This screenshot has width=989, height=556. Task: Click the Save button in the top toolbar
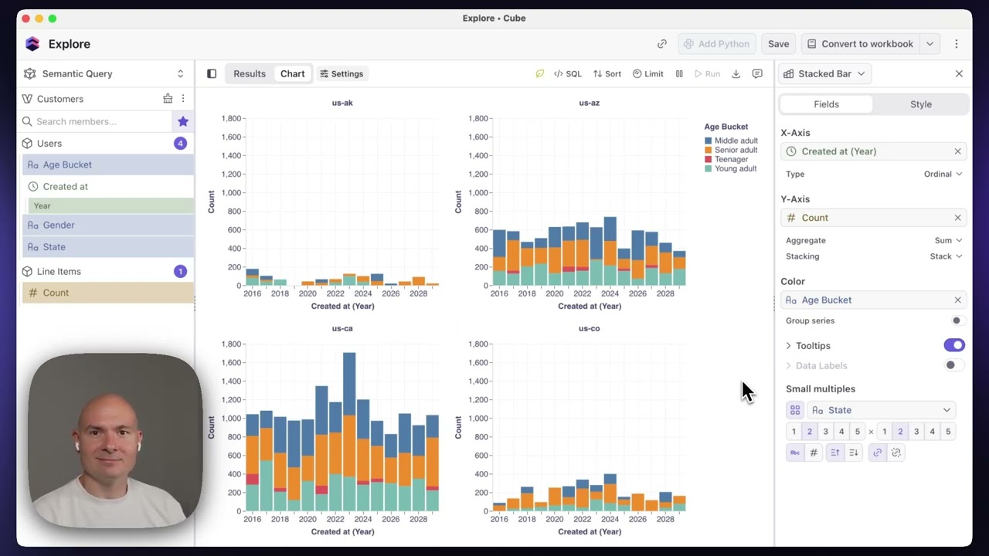point(778,44)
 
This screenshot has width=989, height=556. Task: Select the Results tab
point(250,73)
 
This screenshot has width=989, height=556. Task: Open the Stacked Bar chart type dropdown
point(824,73)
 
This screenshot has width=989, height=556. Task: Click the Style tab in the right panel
point(920,104)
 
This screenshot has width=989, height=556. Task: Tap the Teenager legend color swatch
point(709,159)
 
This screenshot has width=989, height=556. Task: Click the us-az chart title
point(589,103)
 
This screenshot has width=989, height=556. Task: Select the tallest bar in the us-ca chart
point(349,432)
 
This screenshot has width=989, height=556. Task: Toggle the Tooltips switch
point(954,345)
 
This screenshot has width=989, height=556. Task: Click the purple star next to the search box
point(183,121)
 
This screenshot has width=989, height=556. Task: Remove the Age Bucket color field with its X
point(957,300)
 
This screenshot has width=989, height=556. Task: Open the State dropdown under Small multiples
point(882,410)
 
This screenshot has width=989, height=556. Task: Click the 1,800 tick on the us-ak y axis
point(231,118)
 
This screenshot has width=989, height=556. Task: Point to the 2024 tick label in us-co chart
point(610,520)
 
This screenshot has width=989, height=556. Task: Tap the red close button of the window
point(25,19)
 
